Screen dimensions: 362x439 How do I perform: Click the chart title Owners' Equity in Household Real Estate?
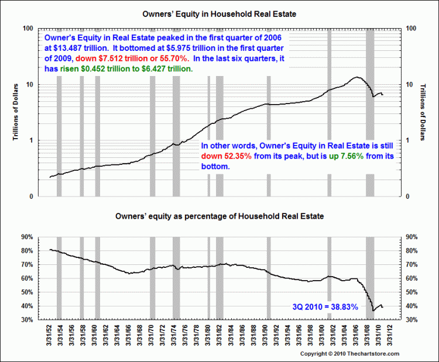(219, 12)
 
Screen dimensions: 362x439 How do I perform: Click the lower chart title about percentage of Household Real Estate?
(219, 216)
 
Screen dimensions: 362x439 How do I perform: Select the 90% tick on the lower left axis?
(26, 237)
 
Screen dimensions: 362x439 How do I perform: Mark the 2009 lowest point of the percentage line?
(373, 311)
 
